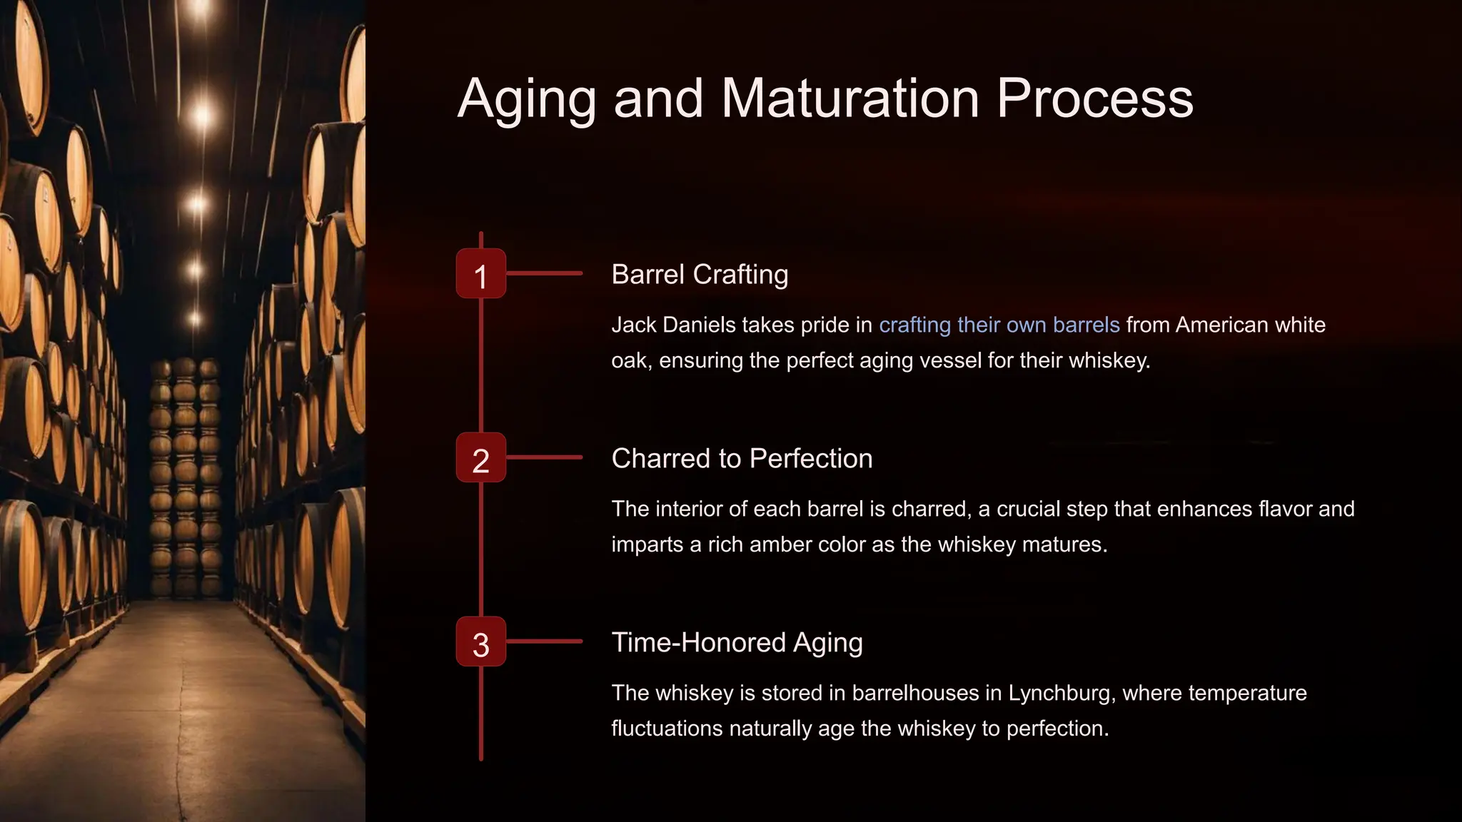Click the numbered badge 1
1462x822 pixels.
point(481,274)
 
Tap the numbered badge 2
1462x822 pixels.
point(481,458)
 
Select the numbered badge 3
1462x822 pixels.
point(481,642)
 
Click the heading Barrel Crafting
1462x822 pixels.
point(700,275)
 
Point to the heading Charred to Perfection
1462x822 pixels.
point(742,459)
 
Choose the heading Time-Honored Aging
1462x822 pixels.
point(737,643)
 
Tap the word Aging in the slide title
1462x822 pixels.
point(527,100)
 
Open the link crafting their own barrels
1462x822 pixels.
point(999,325)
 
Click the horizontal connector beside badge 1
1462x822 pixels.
point(544,273)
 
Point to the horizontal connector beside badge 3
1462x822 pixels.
point(544,641)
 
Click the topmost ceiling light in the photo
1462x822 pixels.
point(201,9)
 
